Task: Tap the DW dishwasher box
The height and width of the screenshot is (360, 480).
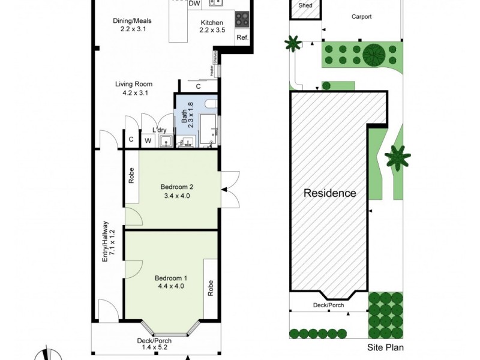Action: (194, 4)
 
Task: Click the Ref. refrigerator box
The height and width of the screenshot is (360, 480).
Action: (242, 38)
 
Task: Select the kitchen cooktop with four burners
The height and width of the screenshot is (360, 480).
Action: (242, 19)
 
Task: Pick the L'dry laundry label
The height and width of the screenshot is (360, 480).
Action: (160, 130)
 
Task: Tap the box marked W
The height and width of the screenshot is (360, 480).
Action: (147, 141)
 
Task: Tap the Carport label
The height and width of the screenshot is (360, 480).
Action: (361, 17)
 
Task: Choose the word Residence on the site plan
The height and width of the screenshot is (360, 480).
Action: (329, 193)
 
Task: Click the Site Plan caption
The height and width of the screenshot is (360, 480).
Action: (384, 347)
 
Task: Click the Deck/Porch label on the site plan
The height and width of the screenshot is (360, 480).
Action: (329, 305)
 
